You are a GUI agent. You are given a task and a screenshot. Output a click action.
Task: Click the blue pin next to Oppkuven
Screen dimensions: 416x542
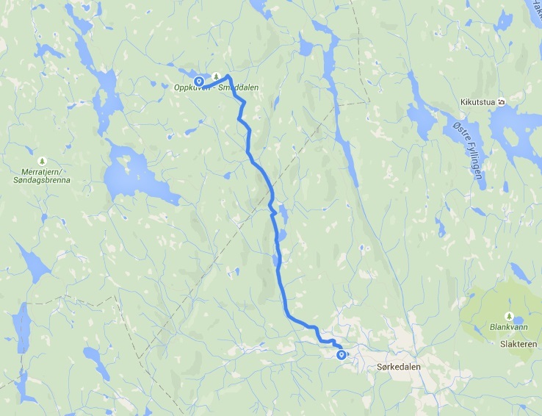coord(198,80)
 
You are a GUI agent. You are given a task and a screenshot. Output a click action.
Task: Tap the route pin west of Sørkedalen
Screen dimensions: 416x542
coord(341,355)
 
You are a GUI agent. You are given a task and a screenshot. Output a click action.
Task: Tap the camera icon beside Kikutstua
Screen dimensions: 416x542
coord(500,102)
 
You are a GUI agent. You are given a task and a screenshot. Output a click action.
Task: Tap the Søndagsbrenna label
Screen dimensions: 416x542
coord(40,178)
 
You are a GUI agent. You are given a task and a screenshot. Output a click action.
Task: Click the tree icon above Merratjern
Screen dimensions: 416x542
coord(41,159)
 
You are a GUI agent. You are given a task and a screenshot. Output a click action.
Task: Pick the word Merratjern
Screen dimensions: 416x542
coord(38,170)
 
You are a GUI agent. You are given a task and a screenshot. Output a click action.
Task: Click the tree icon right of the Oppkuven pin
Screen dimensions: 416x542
coord(216,76)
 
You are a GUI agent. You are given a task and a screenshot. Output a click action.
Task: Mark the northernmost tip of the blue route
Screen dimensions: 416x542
coord(228,76)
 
